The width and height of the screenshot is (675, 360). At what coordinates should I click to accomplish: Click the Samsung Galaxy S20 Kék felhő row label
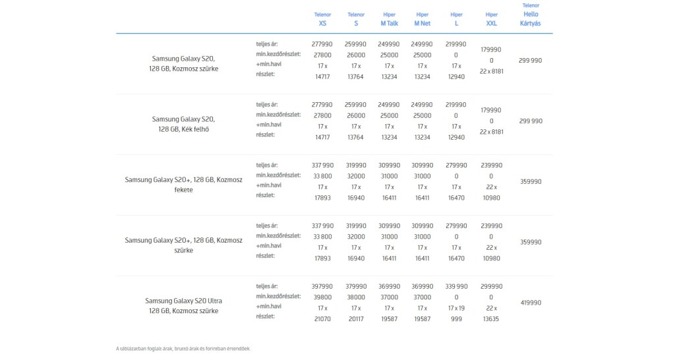pos(183,124)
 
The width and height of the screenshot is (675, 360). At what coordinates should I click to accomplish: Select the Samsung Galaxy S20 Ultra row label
pos(183,306)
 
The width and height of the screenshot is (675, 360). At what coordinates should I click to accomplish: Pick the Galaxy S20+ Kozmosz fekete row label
pos(183,185)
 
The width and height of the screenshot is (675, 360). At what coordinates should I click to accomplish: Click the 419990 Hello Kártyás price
pos(531,303)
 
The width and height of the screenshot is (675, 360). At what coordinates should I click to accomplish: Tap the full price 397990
pos(322,286)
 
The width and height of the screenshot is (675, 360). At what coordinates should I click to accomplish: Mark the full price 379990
pos(356,286)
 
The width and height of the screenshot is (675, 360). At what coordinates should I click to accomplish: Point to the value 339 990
pos(456,286)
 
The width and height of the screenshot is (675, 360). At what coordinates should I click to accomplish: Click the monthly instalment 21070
pos(322,318)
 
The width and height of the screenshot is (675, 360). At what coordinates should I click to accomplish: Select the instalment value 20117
pos(356,318)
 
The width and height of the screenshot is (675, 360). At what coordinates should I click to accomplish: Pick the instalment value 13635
pos(491,318)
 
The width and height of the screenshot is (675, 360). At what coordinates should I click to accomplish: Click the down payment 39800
pos(322,297)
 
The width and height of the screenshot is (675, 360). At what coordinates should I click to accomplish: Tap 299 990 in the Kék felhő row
pos(531,121)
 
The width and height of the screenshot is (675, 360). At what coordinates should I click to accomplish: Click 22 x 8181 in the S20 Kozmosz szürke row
pos(491,71)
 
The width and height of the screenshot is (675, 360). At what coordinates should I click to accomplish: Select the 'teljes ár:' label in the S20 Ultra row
pos(267,286)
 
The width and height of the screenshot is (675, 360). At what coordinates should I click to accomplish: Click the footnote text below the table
pos(183,348)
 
